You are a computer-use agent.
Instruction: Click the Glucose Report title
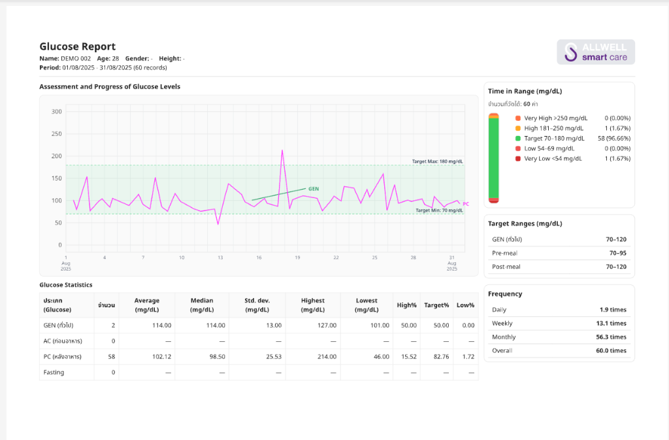click(x=78, y=46)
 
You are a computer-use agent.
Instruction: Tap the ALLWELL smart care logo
click(x=596, y=52)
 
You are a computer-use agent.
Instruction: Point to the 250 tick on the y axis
click(x=56, y=133)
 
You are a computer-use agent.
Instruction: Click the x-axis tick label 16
click(x=259, y=258)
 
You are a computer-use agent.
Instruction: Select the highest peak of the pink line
click(x=282, y=150)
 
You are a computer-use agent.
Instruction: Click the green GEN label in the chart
click(x=314, y=189)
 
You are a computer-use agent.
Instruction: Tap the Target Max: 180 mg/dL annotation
click(x=437, y=161)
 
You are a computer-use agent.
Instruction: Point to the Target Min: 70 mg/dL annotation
click(x=439, y=211)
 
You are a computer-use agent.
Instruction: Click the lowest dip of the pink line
click(x=218, y=224)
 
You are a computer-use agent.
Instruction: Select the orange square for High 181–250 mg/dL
click(x=518, y=128)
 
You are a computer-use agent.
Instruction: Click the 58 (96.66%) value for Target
click(x=614, y=138)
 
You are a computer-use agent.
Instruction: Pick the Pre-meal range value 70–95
click(x=618, y=253)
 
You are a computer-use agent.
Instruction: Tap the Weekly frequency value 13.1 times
click(x=611, y=324)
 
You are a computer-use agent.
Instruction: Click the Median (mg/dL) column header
click(x=202, y=305)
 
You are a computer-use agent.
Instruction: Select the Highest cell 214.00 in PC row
click(x=327, y=357)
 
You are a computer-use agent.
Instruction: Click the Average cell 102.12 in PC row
click(x=162, y=357)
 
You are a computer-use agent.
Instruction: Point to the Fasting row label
click(x=54, y=372)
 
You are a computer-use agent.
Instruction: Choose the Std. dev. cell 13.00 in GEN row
click(x=274, y=325)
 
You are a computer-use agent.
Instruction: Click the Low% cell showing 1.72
click(x=468, y=357)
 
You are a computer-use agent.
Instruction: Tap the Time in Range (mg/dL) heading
click(x=525, y=91)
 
